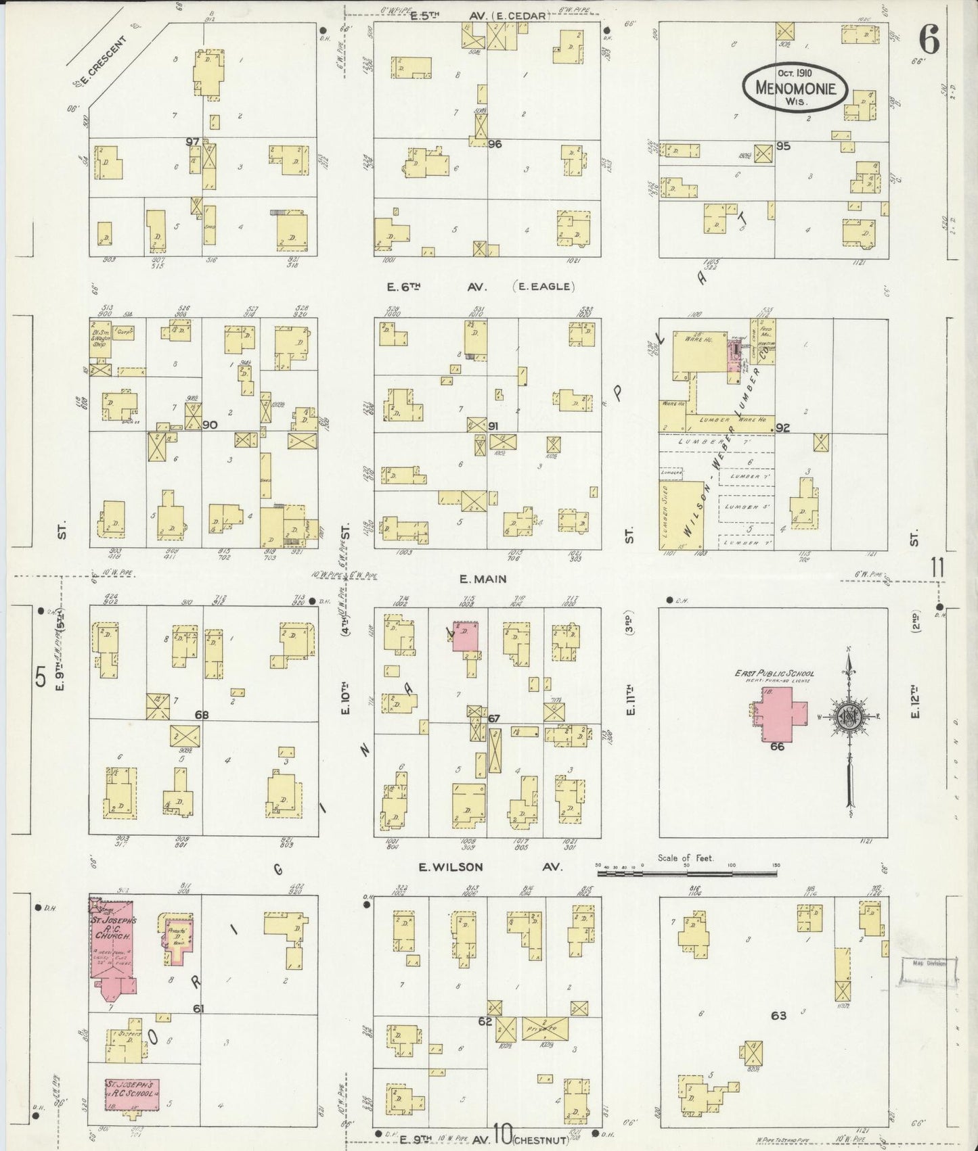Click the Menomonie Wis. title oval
pyautogui.click(x=794, y=89)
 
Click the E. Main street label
pyautogui.click(x=483, y=579)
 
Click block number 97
pyautogui.click(x=193, y=141)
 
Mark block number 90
pyautogui.click(x=210, y=425)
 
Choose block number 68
pyautogui.click(x=201, y=715)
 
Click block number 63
pyautogui.click(x=778, y=1015)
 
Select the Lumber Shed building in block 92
pyautogui.click(x=680, y=515)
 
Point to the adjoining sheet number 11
pyautogui.click(x=937, y=568)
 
